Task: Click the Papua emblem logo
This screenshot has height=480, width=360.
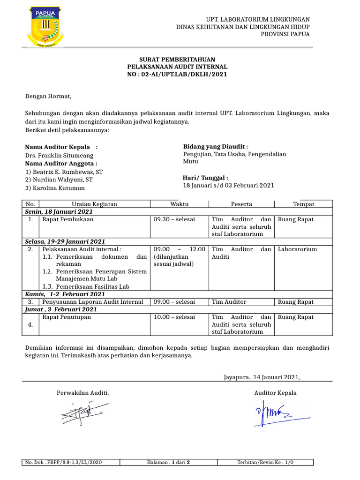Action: click(45, 28)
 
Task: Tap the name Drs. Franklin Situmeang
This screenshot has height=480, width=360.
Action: click(59, 155)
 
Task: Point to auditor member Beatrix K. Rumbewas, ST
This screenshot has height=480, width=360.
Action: click(64, 172)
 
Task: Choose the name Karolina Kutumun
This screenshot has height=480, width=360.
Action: click(55, 188)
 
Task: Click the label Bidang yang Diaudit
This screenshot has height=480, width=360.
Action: click(215, 147)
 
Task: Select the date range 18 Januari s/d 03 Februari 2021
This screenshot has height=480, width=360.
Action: click(228, 186)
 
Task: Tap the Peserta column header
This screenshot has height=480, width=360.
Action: click(241, 204)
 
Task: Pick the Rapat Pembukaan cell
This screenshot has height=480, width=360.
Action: click(68, 219)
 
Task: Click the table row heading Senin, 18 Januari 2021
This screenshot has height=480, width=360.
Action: click(59, 212)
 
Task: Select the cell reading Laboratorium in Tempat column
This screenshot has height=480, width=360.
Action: click(298, 249)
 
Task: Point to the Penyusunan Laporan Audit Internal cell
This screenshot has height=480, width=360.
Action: click(93, 302)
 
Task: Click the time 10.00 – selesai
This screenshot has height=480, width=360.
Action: click(174, 317)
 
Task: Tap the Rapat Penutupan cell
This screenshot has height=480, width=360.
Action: click(67, 317)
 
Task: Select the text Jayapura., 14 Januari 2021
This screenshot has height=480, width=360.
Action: click(262, 376)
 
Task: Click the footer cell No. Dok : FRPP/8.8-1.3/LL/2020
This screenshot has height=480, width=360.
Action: click(64, 462)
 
